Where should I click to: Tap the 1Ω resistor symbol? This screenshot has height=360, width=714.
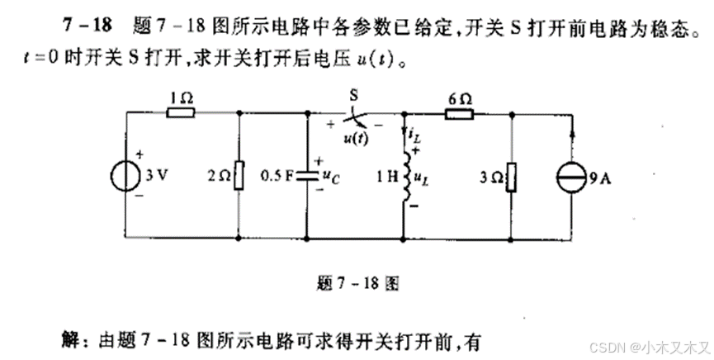(180, 114)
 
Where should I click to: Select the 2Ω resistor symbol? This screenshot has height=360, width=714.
(239, 176)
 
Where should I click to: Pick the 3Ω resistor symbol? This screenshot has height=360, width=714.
(512, 176)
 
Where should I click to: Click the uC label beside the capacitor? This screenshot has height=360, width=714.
(329, 176)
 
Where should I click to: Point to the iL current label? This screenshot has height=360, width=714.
(415, 133)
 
